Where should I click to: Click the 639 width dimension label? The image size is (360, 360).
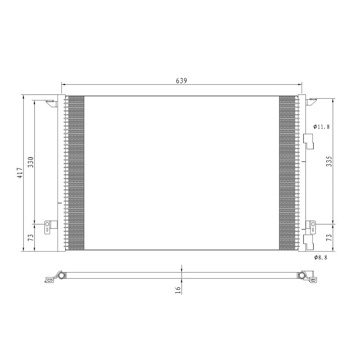tap(181, 81)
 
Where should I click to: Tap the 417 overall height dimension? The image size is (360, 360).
tap(20, 173)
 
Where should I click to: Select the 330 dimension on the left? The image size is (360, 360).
tap(31, 162)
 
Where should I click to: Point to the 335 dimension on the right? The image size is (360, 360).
tap(329, 161)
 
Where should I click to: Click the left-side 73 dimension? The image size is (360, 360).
tap(31, 237)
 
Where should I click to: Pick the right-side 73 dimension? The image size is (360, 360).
tap(329, 237)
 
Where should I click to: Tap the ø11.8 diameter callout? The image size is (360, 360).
tap(321, 126)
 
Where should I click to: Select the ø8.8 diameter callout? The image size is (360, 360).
tap(321, 257)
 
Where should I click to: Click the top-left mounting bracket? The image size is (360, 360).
tap(51, 104)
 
